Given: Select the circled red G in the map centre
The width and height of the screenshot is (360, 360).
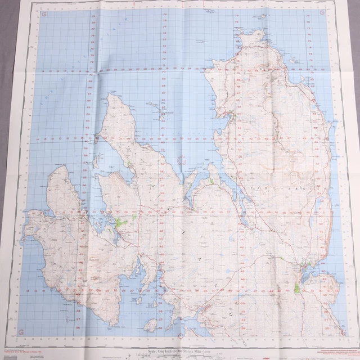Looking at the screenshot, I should (181, 161).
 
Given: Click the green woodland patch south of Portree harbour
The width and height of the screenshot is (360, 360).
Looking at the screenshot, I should (296, 288).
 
